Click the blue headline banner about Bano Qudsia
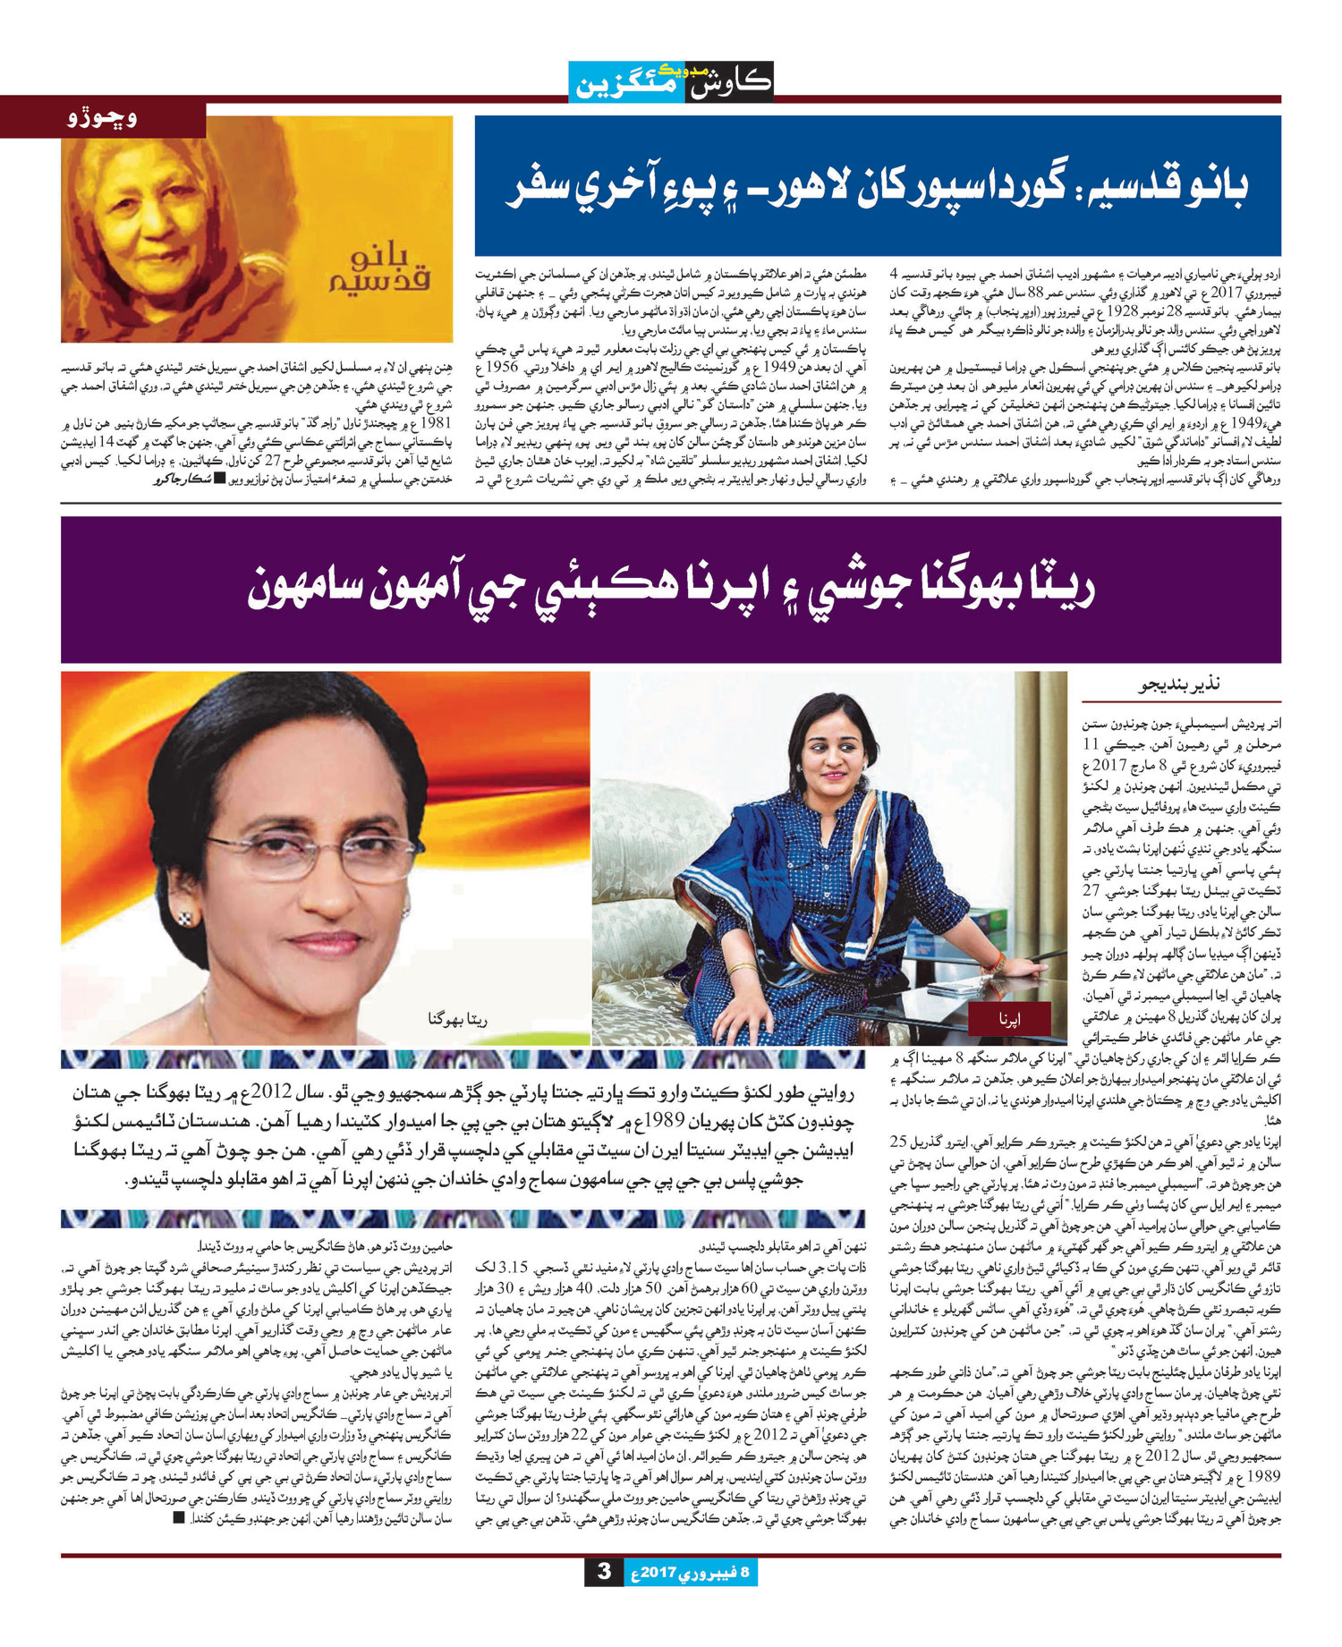point(877,185)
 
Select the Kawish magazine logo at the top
point(671,81)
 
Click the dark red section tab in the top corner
point(103,117)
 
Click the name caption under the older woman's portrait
point(458,1019)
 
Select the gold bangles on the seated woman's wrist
point(743,968)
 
